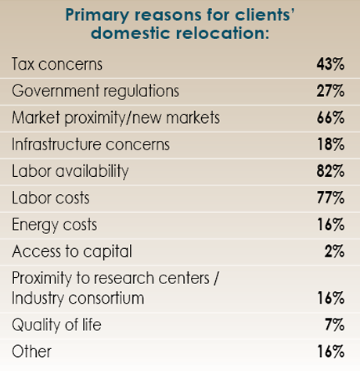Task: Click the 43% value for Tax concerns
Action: coord(329,63)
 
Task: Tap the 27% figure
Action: coord(329,91)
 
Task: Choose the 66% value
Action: coord(329,117)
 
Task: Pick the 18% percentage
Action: coord(329,144)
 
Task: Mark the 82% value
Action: coord(329,171)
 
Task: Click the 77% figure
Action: coord(329,198)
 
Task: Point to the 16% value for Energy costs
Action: coord(329,225)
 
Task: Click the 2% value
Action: coord(334,251)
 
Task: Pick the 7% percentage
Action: coord(334,325)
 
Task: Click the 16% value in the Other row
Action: coord(329,351)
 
